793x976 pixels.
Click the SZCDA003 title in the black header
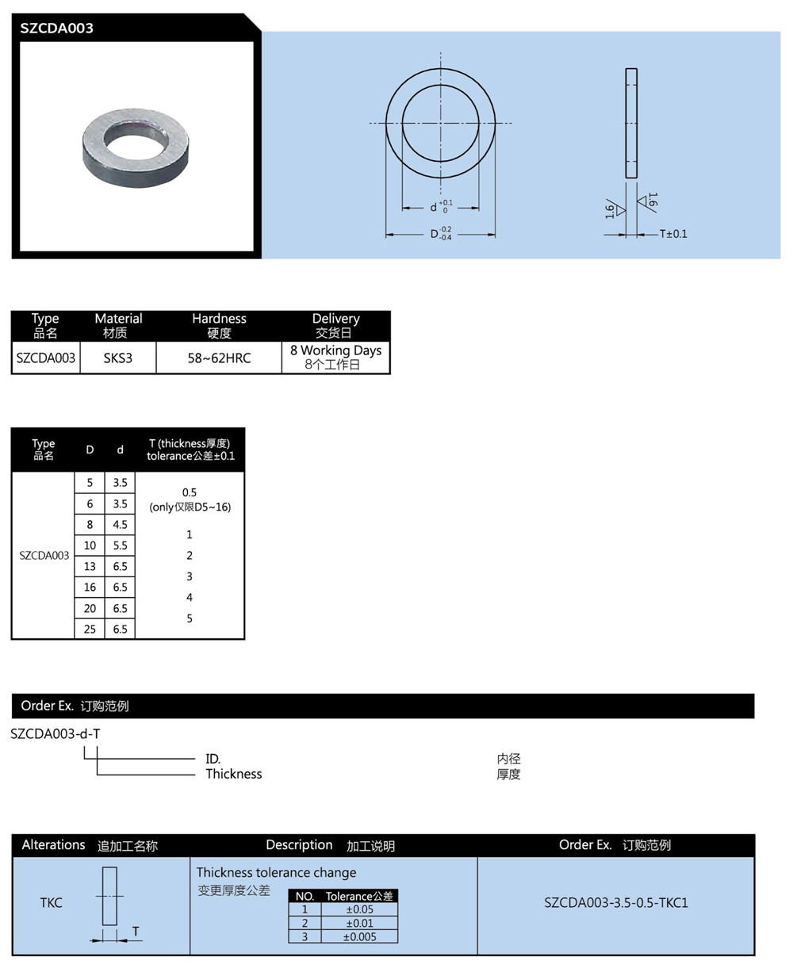pyautogui.click(x=57, y=29)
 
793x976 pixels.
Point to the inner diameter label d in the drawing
pyautogui.click(x=434, y=208)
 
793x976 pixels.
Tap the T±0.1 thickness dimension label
pyautogui.click(x=673, y=234)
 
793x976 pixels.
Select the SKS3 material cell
pyautogui.click(x=118, y=358)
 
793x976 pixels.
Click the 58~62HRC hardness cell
pyautogui.click(x=219, y=358)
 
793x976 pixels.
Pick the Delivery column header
pyautogui.click(x=335, y=325)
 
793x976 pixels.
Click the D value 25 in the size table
pyautogui.click(x=90, y=629)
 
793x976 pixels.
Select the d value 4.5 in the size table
pyautogui.click(x=120, y=524)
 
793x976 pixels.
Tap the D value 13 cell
pyautogui.click(x=90, y=566)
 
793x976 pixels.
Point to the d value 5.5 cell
pyautogui.click(x=120, y=545)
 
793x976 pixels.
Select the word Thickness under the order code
pyautogui.click(x=233, y=774)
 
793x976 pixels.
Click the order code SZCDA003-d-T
pyautogui.click(x=56, y=733)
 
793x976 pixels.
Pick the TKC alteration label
pyautogui.click(x=51, y=902)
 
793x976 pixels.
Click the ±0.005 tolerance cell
pyautogui.click(x=359, y=936)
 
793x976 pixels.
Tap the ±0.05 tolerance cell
pyautogui.click(x=359, y=909)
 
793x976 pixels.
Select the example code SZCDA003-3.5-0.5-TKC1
pyautogui.click(x=615, y=902)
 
